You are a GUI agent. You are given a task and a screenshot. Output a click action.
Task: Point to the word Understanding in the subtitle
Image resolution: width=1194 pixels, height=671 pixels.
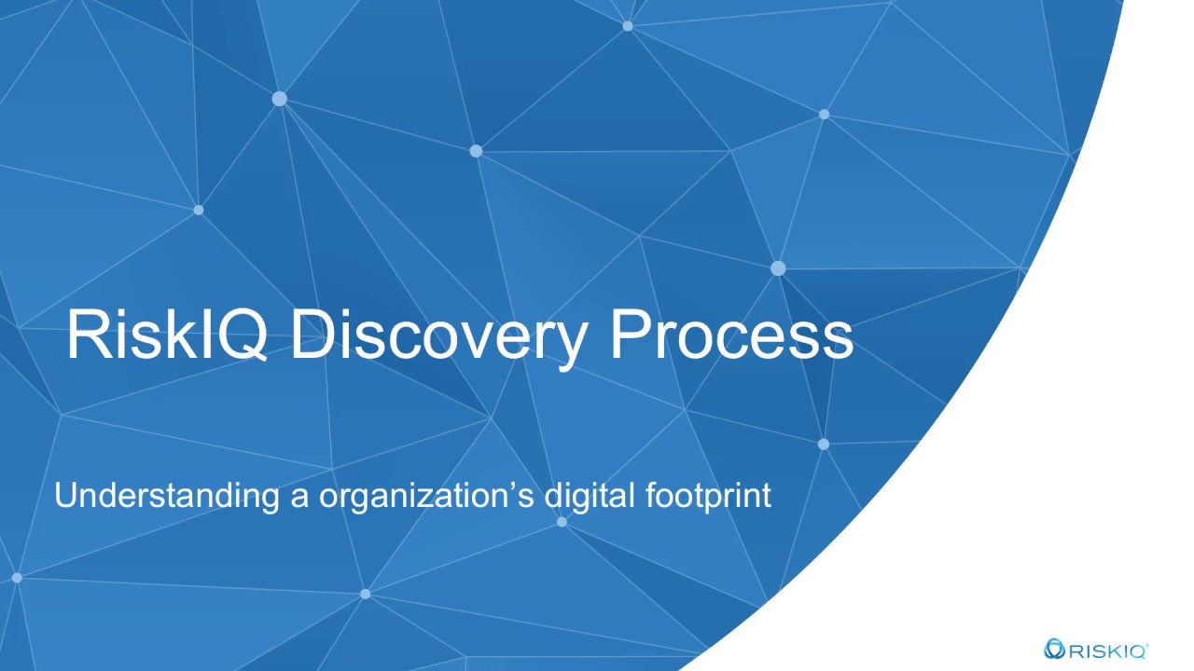coord(167,495)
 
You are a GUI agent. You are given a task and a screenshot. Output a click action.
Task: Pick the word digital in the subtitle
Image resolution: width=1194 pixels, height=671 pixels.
coord(590,495)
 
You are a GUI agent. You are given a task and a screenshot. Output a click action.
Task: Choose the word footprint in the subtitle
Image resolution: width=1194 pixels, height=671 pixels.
coord(708,495)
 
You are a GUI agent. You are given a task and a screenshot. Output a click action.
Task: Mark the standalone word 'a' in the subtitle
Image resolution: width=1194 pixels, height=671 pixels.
coord(299,497)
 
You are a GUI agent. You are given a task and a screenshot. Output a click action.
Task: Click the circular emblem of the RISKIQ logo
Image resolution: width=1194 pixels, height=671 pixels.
coord(1054,649)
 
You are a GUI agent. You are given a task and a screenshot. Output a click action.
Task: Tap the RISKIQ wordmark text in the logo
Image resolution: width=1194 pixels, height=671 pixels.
coord(1104,650)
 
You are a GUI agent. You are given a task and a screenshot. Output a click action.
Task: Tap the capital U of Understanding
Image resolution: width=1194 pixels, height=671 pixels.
coord(64,495)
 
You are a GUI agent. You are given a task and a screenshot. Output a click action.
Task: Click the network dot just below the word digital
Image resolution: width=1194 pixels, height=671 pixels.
coord(562,522)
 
